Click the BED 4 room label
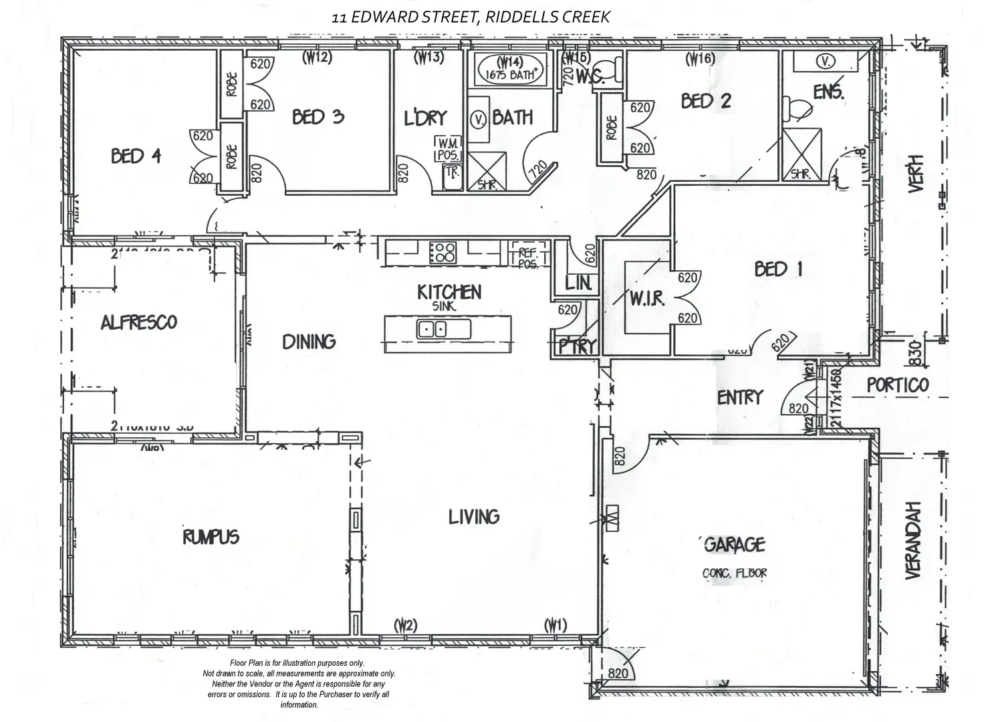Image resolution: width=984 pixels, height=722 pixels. point(136,156)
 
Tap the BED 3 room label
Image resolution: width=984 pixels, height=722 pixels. point(318,117)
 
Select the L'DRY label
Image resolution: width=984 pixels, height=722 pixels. point(425,118)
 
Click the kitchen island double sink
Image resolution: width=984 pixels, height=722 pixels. point(432,329)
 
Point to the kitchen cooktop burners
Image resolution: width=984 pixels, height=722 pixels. point(443,252)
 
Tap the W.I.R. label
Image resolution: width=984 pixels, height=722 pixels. point(646,299)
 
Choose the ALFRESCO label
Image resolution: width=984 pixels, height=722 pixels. point(139,323)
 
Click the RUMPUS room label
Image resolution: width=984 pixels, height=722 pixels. point(211,537)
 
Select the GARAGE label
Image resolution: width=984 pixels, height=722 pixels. point(735,545)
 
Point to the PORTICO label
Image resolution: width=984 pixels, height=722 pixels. point(898,385)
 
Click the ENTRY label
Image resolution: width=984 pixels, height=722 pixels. point(739,398)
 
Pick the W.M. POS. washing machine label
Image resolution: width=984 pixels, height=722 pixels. point(447,149)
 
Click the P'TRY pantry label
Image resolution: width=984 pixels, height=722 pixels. point(577,346)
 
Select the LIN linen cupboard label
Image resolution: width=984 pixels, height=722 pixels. point(578,283)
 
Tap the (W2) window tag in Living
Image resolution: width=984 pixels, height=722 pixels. point(405,626)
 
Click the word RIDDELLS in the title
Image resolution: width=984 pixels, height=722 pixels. point(519,17)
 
